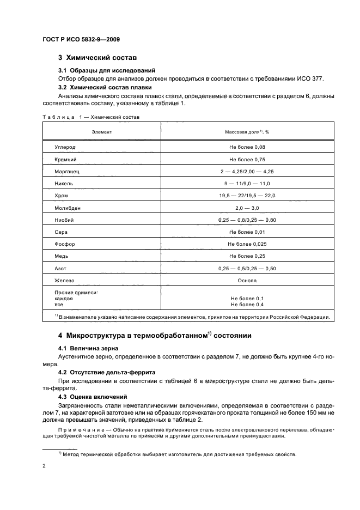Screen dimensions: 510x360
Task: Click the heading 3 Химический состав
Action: [97, 57]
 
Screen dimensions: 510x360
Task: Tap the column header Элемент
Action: [101, 132]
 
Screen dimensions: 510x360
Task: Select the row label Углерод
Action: [65, 147]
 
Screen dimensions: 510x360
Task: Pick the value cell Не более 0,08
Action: [247, 147]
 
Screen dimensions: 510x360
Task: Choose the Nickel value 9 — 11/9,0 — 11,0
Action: [247, 184]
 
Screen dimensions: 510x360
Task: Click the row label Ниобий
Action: [64, 220]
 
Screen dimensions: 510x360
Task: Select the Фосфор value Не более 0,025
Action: [247, 244]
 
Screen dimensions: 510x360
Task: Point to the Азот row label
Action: [60, 268]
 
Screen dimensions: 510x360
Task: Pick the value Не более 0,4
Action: [247, 305]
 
